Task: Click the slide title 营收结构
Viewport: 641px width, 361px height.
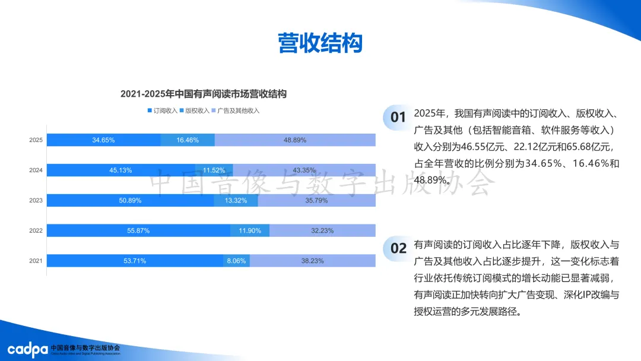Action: point(320,43)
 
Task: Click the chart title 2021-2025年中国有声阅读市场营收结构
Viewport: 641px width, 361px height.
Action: point(204,94)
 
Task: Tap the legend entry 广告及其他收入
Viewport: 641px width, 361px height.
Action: point(235,110)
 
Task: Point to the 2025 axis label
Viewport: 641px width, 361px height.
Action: point(36,140)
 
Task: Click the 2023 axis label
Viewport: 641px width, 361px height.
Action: point(36,201)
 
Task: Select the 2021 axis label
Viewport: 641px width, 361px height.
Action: point(36,261)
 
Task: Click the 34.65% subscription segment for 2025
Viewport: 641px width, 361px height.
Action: point(103,140)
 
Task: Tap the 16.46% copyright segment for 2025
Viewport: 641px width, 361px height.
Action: point(188,140)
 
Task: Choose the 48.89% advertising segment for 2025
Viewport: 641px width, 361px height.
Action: point(295,140)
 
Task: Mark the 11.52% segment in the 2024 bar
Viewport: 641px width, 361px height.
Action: point(214,170)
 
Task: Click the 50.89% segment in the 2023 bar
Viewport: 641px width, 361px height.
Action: point(130,201)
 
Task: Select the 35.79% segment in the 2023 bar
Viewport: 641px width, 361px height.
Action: point(317,201)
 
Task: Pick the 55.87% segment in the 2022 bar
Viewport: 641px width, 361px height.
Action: point(138,230)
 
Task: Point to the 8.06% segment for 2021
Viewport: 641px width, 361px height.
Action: point(236,261)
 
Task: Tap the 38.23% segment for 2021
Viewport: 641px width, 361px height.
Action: point(313,261)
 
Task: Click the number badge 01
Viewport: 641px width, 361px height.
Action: point(398,118)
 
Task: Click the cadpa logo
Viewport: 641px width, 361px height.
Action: point(27,349)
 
